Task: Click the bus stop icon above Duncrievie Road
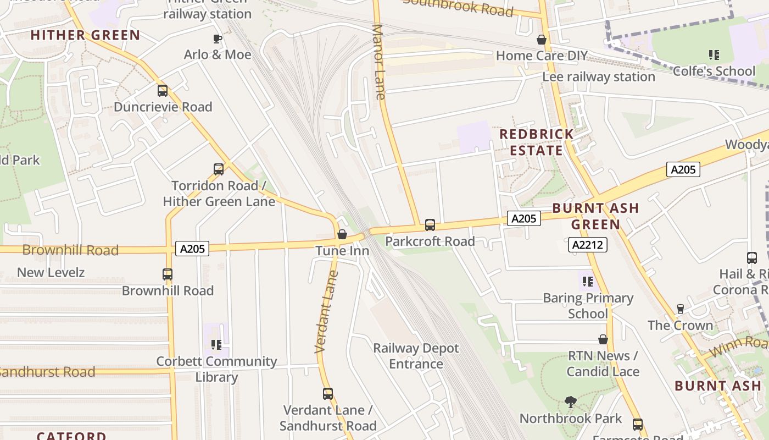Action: tap(163, 91)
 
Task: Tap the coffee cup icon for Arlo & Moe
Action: tap(218, 38)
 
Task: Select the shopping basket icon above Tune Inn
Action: tap(342, 235)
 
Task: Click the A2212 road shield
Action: tap(587, 245)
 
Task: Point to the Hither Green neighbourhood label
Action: tap(85, 35)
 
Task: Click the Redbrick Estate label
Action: tap(536, 142)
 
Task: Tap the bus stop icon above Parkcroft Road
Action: tap(430, 225)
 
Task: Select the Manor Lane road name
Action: tap(378, 62)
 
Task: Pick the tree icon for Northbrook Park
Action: tap(571, 402)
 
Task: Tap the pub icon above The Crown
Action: tap(681, 309)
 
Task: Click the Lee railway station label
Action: tap(599, 76)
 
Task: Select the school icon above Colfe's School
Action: tap(714, 55)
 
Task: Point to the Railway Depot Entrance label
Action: tap(416, 356)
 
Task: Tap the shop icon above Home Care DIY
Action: tap(542, 40)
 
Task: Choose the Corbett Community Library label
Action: tap(216, 369)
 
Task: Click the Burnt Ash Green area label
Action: tap(595, 216)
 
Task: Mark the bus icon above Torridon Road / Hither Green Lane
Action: tap(219, 169)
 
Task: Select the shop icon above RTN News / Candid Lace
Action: tap(603, 340)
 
